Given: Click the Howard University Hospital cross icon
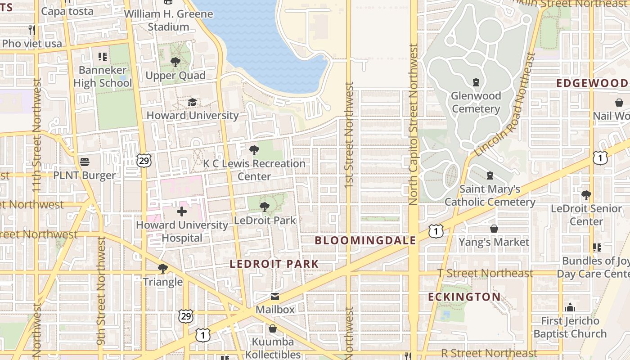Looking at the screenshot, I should [x=182, y=211].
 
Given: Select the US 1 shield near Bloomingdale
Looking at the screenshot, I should [x=436, y=231].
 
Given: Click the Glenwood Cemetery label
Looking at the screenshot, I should [x=476, y=102].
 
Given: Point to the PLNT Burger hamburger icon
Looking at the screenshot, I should [x=85, y=162].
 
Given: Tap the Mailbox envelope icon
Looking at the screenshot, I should [x=274, y=297].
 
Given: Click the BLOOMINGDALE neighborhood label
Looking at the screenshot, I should [x=365, y=240].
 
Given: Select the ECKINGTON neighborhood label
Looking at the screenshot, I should [x=463, y=297].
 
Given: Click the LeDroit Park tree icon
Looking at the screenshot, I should [x=265, y=207].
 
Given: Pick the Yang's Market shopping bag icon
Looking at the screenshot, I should [x=494, y=229].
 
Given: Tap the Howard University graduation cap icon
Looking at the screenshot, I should [x=192, y=102].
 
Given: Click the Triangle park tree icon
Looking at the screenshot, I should [x=163, y=269].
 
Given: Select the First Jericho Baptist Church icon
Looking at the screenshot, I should [x=570, y=308].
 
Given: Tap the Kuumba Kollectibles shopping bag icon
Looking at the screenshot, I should [x=272, y=328].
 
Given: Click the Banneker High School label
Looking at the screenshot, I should [x=103, y=76].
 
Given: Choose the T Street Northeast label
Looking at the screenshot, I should [x=486, y=273].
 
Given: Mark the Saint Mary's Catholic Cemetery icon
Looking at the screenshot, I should [x=490, y=175].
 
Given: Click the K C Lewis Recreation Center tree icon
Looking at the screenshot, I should [x=254, y=150].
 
